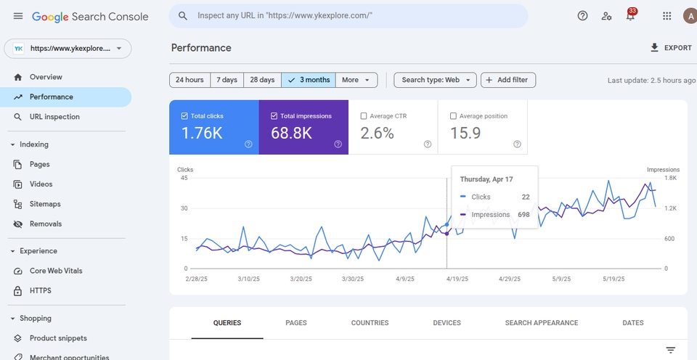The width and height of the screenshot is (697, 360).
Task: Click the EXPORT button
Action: [x=671, y=48]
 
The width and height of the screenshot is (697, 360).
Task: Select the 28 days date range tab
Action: [x=262, y=80]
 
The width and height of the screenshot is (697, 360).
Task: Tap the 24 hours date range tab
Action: [x=189, y=80]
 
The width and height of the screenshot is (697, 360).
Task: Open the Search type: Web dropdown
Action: [x=435, y=80]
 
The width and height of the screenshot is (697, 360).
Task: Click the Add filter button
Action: [x=508, y=80]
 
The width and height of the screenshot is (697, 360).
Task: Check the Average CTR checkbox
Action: [x=364, y=116]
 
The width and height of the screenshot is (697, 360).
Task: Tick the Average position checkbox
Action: [x=453, y=116]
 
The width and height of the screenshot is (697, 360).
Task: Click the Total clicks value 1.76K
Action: [x=202, y=133]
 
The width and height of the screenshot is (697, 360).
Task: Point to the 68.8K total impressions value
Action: [x=292, y=133]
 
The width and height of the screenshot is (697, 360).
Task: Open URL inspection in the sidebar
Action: [x=54, y=117]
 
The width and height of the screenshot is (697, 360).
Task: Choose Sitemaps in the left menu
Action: [x=45, y=204]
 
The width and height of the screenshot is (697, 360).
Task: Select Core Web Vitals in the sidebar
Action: [x=56, y=271]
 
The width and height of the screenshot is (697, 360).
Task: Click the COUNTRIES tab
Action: [x=370, y=323]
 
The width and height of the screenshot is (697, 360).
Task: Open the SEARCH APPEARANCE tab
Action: [x=542, y=323]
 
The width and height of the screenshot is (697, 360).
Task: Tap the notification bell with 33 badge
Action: [x=630, y=16]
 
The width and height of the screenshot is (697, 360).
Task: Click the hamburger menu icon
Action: [x=17, y=16]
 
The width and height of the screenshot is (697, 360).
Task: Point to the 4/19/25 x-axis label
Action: [x=457, y=279]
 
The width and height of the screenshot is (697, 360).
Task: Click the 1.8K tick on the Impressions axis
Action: [x=671, y=179]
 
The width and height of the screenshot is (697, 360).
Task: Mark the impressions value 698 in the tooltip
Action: [x=523, y=215]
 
